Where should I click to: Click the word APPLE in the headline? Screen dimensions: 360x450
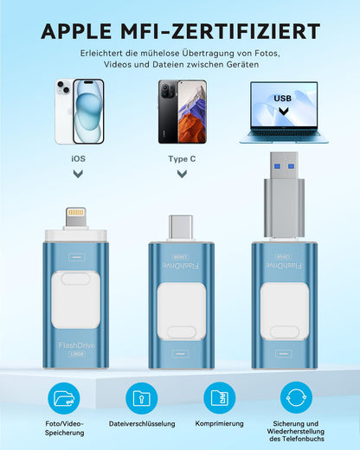coord(76,31)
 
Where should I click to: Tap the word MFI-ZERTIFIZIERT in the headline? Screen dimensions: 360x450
coord(221,31)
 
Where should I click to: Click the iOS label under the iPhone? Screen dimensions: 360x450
coord(79,158)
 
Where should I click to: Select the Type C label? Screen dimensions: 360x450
coord(182,158)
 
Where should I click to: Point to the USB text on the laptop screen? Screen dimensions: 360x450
coord(282,99)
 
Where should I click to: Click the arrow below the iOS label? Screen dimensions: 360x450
coord(78,174)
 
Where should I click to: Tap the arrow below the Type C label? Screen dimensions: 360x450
coord(182,174)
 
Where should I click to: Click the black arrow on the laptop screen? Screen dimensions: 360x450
coord(284,111)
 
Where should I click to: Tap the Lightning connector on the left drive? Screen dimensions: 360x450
coord(75,217)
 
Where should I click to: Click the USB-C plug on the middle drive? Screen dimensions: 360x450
coord(181,227)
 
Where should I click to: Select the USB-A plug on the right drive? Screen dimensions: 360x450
coord(284,194)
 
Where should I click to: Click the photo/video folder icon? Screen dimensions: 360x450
coord(64,398)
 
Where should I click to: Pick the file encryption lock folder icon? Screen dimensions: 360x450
coord(142,398)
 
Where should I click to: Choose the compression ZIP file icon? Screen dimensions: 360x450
coord(220,398)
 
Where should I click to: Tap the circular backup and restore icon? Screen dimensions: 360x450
coord(296,397)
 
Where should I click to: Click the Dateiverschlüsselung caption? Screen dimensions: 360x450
coord(142,424)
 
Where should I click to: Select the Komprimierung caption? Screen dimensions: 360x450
coord(220,424)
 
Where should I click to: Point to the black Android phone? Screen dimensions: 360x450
coord(183,112)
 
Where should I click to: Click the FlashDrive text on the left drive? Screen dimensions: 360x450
coord(76,345)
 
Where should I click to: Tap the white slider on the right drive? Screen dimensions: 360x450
coord(285,311)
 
